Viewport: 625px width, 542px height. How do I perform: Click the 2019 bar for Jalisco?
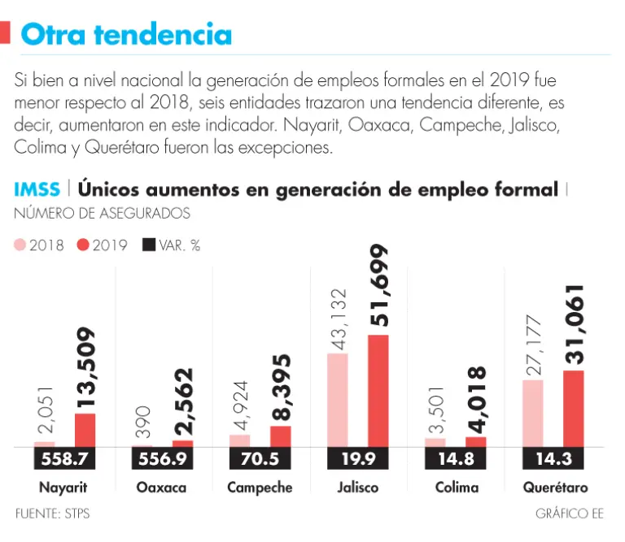pyautogui.click(x=378, y=391)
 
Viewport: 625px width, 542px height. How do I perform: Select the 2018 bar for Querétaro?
pyautogui.click(x=533, y=414)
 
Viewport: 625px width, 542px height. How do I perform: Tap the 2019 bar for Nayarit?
pyautogui.click(x=85, y=430)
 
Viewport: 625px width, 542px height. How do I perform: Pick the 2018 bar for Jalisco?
pyautogui.click(x=338, y=400)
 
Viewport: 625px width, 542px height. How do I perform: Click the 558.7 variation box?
pyautogui.click(x=64, y=459)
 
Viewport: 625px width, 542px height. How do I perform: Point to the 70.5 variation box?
pyautogui.click(x=260, y=459)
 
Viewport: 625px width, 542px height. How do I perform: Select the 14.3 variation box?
pyautogui.click(x=553, y=459)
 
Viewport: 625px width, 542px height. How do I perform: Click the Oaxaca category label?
pyautogui.click(x=162, y=488)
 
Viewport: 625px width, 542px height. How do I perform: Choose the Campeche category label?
pyautogui.click(x=260, y=488)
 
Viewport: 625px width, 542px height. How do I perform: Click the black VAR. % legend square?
pyautogui.click(x=148, y=245)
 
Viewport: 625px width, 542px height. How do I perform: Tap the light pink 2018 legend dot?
pyautogui.click(x=20, y=245)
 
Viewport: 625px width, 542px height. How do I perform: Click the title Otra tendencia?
pyautogui.click(x=126, y=34)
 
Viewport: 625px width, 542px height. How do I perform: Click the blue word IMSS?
pyautogui.click(x=37, y=190)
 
